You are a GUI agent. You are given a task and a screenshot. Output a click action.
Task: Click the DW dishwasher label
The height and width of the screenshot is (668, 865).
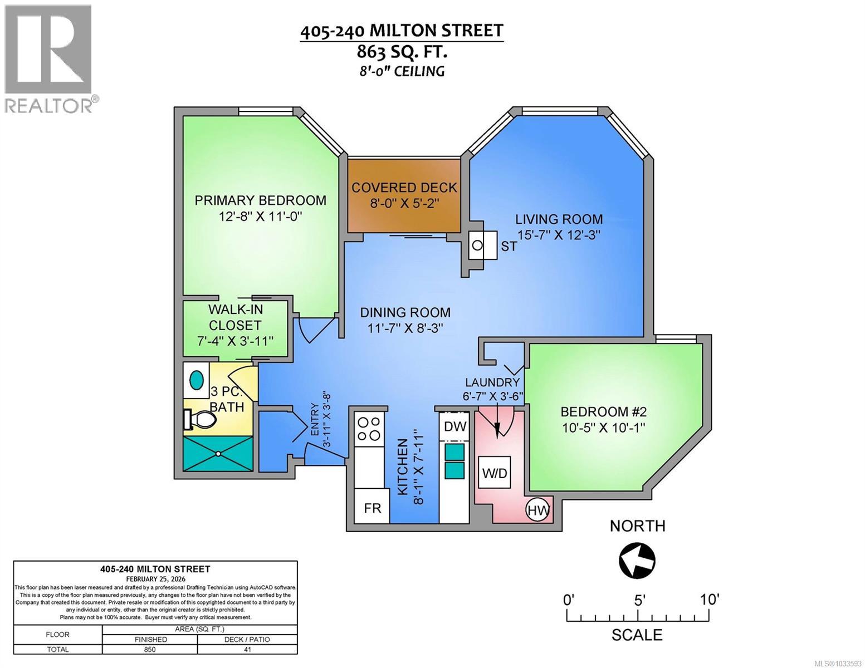[455, 426]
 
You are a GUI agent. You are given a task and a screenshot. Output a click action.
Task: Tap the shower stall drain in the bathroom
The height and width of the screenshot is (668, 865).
[218, 453]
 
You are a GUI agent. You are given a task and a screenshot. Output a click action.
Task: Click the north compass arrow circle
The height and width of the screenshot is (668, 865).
[637, 561]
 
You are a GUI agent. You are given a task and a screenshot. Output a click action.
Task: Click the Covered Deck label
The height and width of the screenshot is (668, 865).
[404, 188]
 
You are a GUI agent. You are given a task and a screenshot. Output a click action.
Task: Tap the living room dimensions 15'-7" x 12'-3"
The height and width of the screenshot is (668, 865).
[559, 234]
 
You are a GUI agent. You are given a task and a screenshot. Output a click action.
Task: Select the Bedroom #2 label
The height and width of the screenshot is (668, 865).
[603, 412]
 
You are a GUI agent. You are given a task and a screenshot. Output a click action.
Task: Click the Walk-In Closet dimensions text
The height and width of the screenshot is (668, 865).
[235, 341]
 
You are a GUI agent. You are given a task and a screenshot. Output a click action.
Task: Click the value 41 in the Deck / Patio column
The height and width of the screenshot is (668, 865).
[247, 649]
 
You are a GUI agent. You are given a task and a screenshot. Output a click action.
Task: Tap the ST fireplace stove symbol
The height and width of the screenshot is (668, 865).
[477, 245]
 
